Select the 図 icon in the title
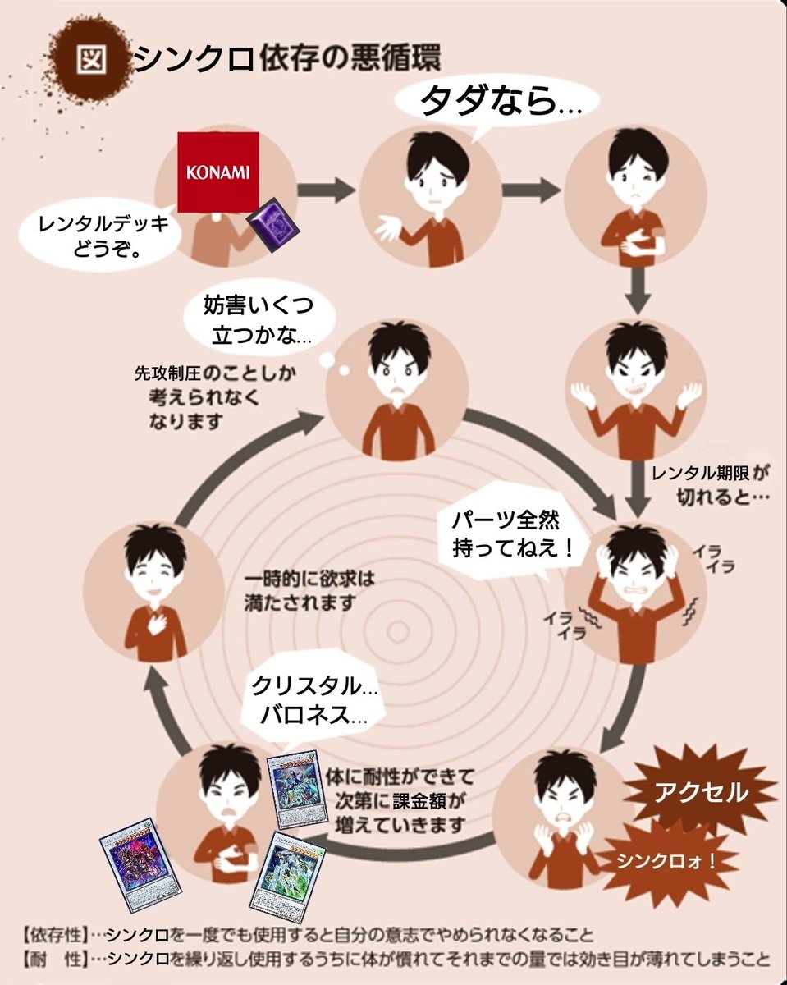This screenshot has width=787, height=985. coord(88,58)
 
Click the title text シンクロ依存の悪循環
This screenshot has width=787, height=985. coord(287,59)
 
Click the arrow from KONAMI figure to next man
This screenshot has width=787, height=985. coord(326,190)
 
